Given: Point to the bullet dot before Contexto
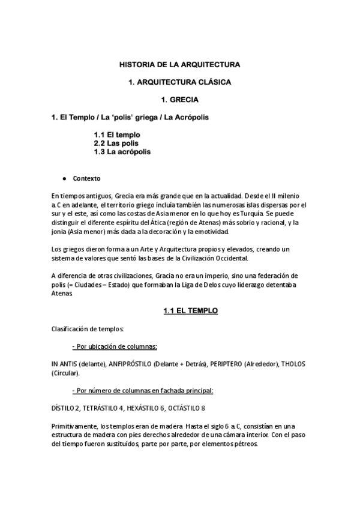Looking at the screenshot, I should point(63,179).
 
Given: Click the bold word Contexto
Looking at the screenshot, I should point(87,179).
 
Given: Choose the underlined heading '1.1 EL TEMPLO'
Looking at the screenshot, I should point(190,311).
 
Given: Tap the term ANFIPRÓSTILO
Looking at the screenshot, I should point(128,364).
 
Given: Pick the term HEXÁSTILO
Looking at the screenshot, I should point(143,408).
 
